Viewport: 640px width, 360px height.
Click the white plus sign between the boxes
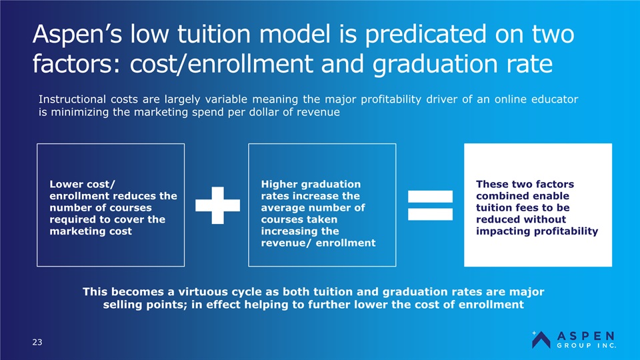pyautogui.click(x=217, y=205)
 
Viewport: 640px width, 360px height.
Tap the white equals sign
pyautogui.click(x=430, y=205)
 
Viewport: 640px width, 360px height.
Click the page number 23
pyautogui.click(x=37, y=342)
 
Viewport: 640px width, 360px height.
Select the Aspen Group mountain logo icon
pyautogui.click(x=541, y=339)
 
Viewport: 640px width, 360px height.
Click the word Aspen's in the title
pyautogui.click(x=77, y=34)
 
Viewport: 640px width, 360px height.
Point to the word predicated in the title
pyautogui.click(x=426, y=34)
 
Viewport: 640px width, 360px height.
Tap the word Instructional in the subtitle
pyautogui.click(x=72, y=99)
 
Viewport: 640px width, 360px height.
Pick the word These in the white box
pyautogui.click(x=492, y=184)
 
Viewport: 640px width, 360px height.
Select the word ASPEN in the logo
pyautogui.click(x=586, y=336)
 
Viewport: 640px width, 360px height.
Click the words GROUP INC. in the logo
pyautogui.click(x=587, y=345)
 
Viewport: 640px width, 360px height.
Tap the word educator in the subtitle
pyautogui.click(x=555, y=99)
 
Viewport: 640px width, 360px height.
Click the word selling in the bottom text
pyautogui.click(x=121, y=305)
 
